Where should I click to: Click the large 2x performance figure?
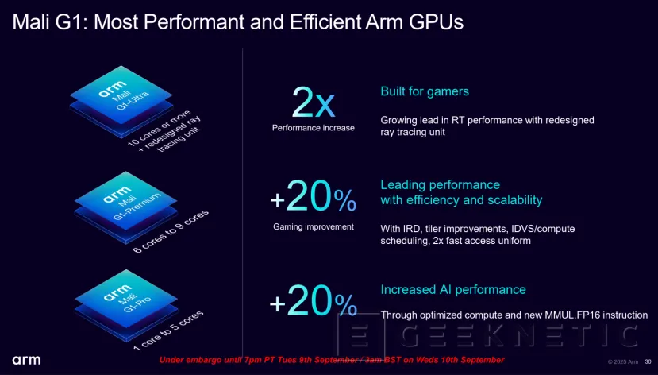313,102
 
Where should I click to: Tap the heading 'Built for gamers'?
425,91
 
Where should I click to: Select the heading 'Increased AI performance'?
453,289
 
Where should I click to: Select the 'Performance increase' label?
313,127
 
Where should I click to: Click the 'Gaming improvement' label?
313,226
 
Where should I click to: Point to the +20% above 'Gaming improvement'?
313,198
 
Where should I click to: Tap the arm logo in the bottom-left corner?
26,360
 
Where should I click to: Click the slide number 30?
647,361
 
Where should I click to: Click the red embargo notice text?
331,360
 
